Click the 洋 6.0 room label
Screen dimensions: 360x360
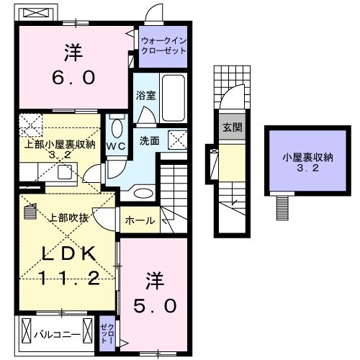point(73,64)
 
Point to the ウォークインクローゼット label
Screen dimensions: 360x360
point(163,46)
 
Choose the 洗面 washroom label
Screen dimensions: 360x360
point(150,141)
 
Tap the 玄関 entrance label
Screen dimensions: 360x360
point(231,127)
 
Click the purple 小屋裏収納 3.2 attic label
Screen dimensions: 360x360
point(296,161)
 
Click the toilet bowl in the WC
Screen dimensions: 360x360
point(117,128)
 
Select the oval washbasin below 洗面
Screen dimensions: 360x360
point(143,193)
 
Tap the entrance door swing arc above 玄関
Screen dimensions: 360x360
point(231,102)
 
